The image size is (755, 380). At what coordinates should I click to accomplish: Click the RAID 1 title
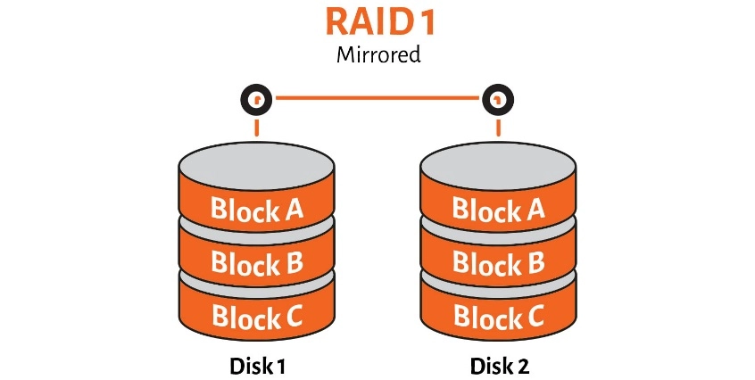(377, 23)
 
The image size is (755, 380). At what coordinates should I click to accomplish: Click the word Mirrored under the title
(377, 55)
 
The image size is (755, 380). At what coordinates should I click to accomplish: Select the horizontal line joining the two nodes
(377, 98)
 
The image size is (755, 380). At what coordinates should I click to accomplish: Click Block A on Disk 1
(257, 210)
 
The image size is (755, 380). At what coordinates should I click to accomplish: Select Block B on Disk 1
(257, 262)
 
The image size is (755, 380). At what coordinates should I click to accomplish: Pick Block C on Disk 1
(257, 315)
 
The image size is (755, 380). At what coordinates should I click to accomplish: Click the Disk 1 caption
(257, 366)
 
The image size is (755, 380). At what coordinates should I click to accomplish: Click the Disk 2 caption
(498, 366)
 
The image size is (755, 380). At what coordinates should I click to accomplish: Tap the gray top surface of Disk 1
(257, 165)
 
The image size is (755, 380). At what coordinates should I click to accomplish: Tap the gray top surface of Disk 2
(498, 165)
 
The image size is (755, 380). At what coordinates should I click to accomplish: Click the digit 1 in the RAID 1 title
(427, 23)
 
